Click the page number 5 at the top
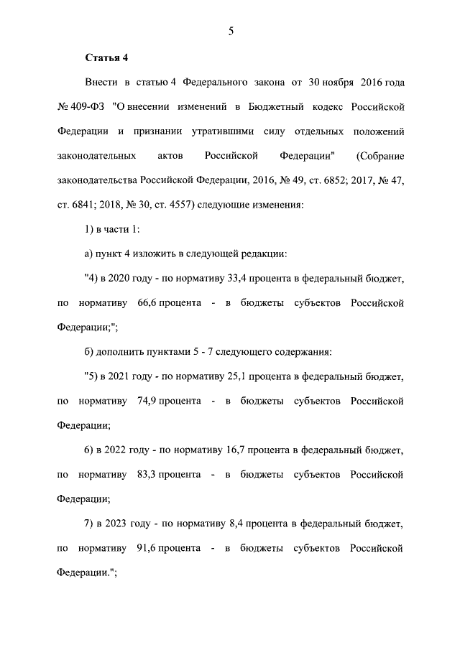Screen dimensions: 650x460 coord(230,31)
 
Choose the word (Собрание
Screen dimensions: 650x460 coord(380,156)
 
